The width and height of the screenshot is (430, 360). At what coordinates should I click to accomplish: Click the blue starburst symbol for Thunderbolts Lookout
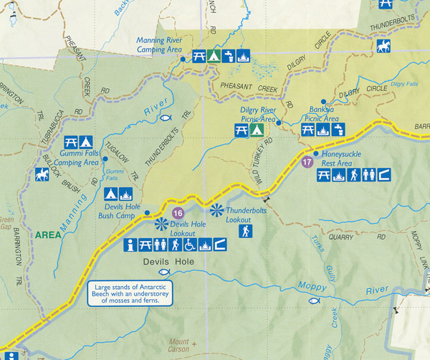point(217,210)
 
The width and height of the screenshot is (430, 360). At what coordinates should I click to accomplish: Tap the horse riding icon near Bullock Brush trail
point(41,175)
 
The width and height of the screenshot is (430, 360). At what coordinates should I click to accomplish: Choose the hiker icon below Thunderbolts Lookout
point(244,231)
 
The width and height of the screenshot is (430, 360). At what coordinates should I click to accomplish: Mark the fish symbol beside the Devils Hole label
point(164,273)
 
